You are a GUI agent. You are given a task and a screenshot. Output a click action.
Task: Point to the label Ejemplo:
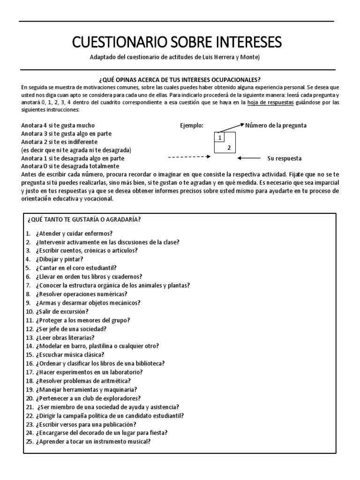(x=192, y=126)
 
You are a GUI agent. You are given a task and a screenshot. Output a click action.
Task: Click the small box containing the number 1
(x=219, y=137)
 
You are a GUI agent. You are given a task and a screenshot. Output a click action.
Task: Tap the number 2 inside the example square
(x=229, y=148)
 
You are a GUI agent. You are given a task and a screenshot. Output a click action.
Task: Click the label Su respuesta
(x=284, y=158)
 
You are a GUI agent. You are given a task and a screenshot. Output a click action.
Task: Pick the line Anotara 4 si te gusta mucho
(x=58, y=126)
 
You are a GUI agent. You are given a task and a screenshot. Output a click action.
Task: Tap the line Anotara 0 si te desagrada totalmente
(x=70, y=165)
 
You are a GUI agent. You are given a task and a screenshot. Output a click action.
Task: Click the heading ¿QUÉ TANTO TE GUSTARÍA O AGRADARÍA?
(x=84, y=220)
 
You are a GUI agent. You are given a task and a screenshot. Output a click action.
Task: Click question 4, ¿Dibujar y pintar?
(x=55, y=259)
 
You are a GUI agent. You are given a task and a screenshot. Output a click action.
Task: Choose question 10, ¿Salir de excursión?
(x=57, y=311)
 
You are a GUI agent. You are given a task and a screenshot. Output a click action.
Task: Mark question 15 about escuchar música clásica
(x=65, y=354)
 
